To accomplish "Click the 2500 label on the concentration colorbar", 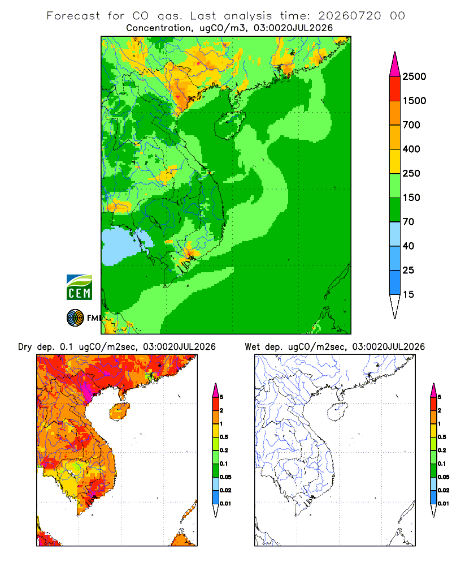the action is coord(414,76).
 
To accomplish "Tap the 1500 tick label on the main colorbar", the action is coord(414,101).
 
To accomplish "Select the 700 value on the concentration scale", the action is coord(411,125).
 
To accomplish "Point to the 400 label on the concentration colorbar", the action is coord(411,149).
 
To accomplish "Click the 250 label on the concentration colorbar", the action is coord(411,173).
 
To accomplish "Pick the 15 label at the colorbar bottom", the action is coord(408,294).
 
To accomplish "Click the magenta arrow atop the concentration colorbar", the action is coord(395,65).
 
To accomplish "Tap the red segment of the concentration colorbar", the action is coord(395,89).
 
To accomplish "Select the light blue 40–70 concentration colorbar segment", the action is coord(395,234).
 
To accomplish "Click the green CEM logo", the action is coord(79,288).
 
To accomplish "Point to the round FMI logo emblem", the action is coord(75,318).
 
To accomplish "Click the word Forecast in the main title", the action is coord(73,16).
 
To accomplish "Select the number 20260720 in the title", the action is coord(349,16).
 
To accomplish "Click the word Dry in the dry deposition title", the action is coord(25,347).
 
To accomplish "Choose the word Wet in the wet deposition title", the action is coord(252,347).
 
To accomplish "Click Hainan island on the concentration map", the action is coord(230,125).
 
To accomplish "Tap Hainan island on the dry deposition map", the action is coord(119,411).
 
